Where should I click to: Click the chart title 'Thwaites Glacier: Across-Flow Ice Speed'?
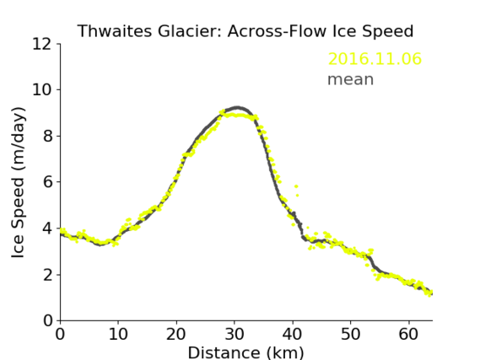[x=245, y=31]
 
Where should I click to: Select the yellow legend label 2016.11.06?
[x=375, y=59]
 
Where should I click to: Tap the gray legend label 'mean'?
[x=351, y=79]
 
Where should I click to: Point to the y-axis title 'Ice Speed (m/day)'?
[x=18, y=182]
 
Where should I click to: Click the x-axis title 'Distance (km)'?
[x=245, y=352]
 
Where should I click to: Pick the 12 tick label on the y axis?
[x=42, y=45]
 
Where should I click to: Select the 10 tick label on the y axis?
[x=42, y=90]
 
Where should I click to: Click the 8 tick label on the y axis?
[x=48, y=136]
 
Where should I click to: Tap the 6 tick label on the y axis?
[x=48, y=182]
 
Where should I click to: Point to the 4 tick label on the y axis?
[x=48, y=228]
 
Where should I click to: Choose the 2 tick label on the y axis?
[x=48, y=275]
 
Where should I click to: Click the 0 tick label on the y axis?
[x=48, y=321]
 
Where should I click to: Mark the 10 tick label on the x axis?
[x=118, y=335]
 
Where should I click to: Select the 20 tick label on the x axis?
[x=176, y=335]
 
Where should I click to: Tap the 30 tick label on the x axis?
[x=235, y=335]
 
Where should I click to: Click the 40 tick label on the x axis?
[x=293, y=335]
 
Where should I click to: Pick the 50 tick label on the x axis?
[x=351, y=335]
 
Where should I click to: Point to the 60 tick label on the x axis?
[x=408, y=335]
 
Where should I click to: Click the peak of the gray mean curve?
[x=237, y=107]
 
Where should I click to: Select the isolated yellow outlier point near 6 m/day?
[x=296, y=186]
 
